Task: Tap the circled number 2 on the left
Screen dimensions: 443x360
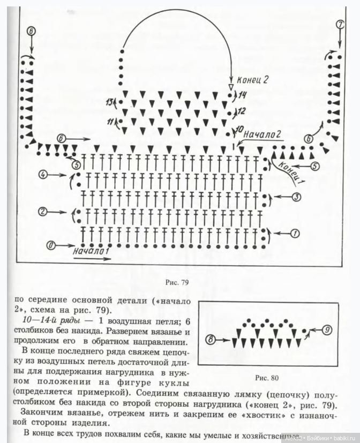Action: pos(44,211)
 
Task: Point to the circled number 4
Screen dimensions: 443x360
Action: pos(44,175)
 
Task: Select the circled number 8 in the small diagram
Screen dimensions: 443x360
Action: pos(210,339)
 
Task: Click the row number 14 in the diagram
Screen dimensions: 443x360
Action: pos(242,95)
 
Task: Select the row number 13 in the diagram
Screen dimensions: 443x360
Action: pos(110,102)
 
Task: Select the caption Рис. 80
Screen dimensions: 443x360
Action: pos(267,378)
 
